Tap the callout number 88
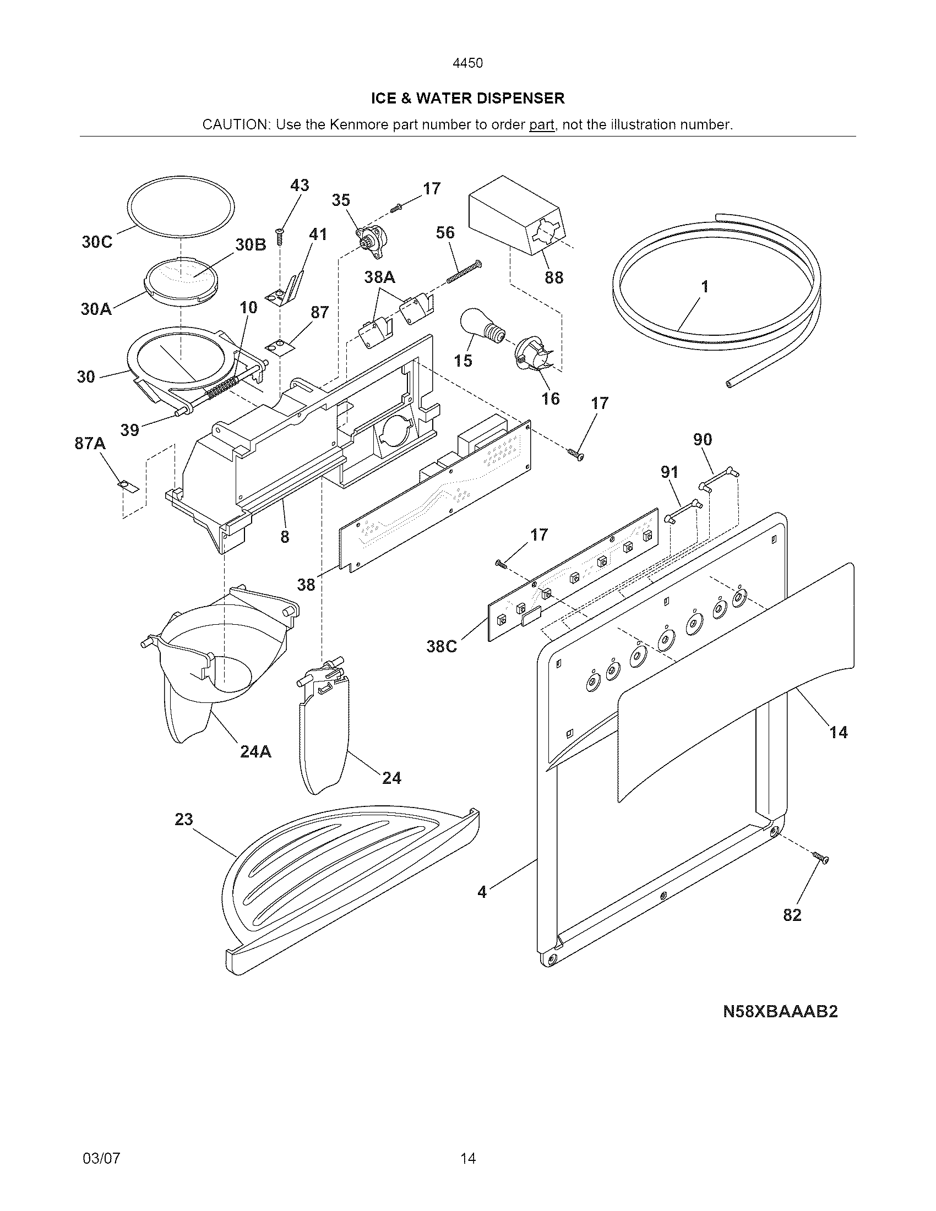tap(553, 277)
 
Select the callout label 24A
tap(255, 752)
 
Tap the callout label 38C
tap(442, 647)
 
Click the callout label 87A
tap(90, 444)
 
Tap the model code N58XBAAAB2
tap(780, 1012)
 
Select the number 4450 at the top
tap(467, 63)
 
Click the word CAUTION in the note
tap(235, 125)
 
